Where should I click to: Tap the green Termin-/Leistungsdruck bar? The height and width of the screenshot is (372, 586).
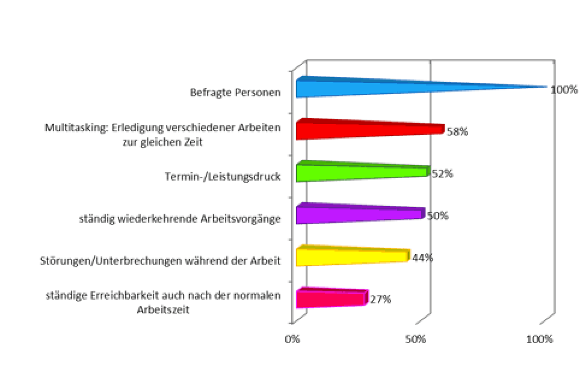click(x=361, y=173)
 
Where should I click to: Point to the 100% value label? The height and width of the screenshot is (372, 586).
click(x=564, y=90)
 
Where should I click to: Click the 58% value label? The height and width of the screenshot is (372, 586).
click(x=457, y=131)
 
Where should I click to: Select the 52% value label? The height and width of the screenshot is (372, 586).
click(x=442, y=174)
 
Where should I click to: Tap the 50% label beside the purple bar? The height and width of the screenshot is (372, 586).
click(x=437, y=215)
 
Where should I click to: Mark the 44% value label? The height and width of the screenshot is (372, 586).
click(x=422, y=258)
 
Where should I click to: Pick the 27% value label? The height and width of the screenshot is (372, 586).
click(x=380, y=299)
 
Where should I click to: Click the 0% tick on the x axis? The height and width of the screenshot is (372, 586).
click(x=292, y=339)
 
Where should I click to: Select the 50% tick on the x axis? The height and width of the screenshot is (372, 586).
click(x=416, y=339)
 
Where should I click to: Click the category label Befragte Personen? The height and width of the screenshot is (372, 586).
click(x=235, y=93)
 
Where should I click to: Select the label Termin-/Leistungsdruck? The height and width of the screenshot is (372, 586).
click(x=223, y=177)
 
